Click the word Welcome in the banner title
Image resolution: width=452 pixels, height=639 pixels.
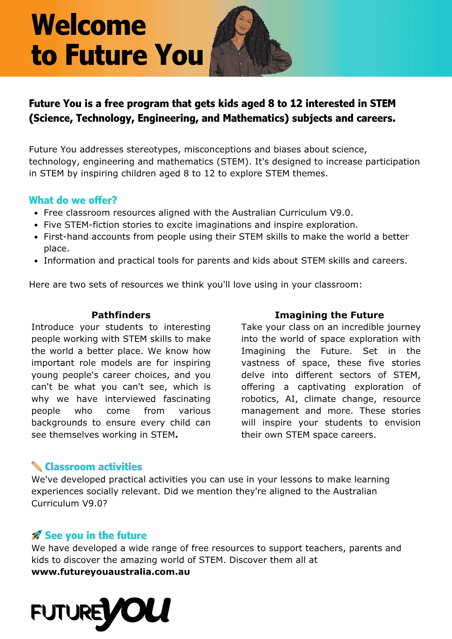(x=89, y=26)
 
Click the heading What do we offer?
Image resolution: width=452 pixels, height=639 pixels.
(x=73, y=200)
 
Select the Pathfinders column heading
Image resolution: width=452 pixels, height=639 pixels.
(x=121, y=315)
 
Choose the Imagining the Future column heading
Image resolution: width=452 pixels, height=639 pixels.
(x=329, y=315)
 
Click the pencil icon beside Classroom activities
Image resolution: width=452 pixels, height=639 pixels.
(x=37, y=466)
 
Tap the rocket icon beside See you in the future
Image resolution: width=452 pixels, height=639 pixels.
(x=37, y=535)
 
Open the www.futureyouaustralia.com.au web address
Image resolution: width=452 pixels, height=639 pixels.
(x=111, y=572)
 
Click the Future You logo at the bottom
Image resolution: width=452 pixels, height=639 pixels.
(x=101, y=613)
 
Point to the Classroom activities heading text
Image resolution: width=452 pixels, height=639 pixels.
(x=93, y=467)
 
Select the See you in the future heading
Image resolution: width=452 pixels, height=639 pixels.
(x=96, y=535)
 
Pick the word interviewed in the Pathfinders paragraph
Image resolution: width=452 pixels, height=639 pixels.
(x=130, y=399)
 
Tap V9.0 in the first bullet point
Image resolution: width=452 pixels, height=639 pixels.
(x=341, y=213)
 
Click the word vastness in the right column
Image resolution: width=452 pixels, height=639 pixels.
(x=260, y=363)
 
